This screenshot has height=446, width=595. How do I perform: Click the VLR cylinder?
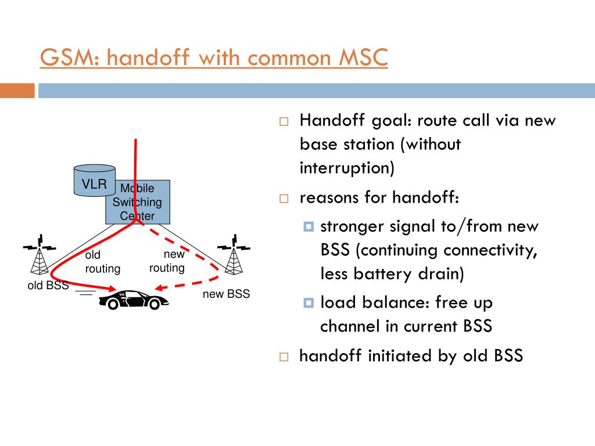coord(94,181)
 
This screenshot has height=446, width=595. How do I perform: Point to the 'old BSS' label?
coord(48,285)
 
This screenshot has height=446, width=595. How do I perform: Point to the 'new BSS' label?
coord(226,294)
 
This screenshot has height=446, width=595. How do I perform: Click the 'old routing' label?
coord(102,262)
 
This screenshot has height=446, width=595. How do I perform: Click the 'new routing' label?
coord(167,261)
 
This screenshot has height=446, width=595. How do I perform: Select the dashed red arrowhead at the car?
coord(160,287)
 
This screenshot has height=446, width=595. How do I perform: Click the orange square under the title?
coord(17,91)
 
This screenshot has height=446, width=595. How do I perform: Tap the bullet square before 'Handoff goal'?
coord(284,122)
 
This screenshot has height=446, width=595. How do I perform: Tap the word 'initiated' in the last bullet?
coord(400,355)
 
